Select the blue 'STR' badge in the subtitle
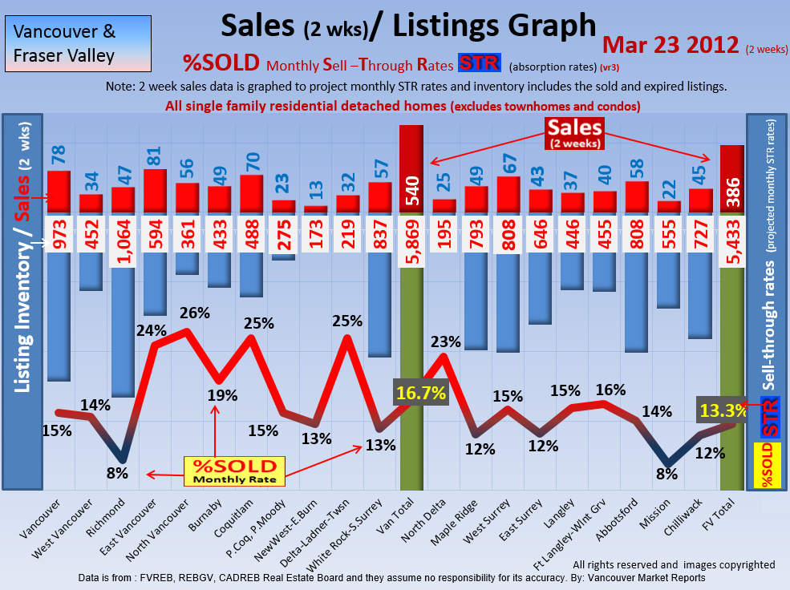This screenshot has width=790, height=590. (480, 64)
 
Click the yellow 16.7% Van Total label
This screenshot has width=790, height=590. (420, 394)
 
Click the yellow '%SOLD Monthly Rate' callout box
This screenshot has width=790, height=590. (232, 471)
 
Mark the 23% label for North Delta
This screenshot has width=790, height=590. (446, 341)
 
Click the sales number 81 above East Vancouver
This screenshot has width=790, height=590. (155, 152)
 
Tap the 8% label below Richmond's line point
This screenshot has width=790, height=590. (117, 473)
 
